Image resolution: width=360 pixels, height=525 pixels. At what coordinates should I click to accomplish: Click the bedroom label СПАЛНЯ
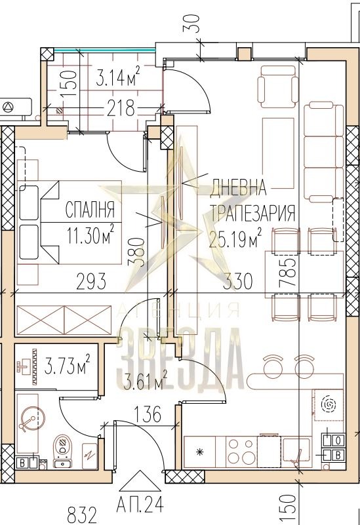(90, 209)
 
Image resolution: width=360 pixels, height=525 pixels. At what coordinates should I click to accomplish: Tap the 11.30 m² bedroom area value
(90, 235)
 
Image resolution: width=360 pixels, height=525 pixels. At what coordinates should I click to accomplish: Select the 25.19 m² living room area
(235, 239)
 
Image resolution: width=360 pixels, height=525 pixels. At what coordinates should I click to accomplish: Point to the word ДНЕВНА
(238, 187)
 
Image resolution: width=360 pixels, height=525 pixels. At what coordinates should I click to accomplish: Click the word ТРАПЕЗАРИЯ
(253, 213)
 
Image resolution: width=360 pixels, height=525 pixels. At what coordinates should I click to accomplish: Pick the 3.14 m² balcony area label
(117, 77)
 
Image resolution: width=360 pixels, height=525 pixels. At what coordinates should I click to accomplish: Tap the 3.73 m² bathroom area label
(67, 364)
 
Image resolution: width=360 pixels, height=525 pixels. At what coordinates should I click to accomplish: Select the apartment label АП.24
(140, 504)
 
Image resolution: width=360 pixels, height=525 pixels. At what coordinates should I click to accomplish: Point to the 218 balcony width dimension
(121, 108)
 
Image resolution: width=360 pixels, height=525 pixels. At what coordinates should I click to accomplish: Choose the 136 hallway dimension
(148, 414)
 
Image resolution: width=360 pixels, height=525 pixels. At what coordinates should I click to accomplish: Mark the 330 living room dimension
(238, 281)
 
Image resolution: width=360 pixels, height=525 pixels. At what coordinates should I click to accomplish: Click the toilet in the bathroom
(62, 451)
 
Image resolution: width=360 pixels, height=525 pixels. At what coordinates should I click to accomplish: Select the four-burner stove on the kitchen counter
(241, 452)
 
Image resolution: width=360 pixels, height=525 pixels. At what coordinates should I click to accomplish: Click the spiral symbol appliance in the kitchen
(328, 405)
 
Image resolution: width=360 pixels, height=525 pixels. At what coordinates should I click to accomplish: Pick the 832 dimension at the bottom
(82, 516)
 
